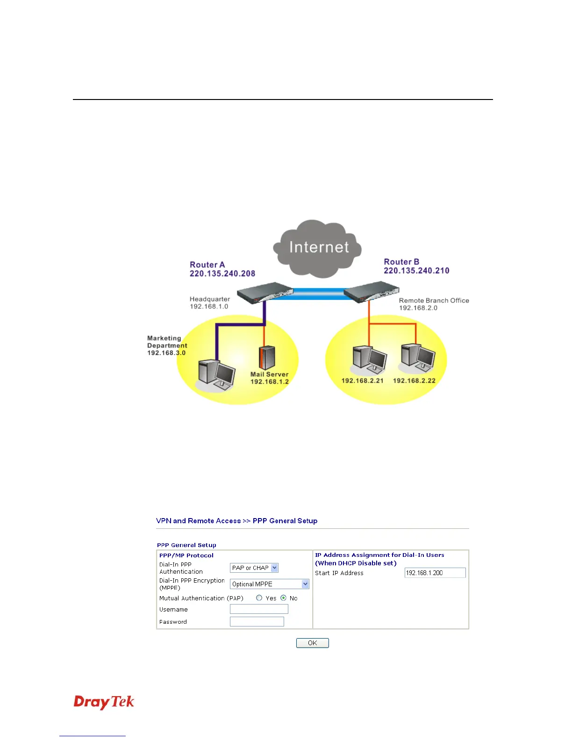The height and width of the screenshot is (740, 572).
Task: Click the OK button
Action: [x=312, y=643]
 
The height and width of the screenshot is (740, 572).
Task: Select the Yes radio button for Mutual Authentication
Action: [x=259, y=598]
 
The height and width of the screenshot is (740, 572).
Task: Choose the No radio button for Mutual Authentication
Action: [x=284, y=598]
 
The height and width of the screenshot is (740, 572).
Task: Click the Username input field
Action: [x=259, y=609]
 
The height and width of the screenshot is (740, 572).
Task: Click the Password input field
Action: [x=257, y=621]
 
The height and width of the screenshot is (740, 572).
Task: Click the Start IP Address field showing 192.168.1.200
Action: [x=435, y=573]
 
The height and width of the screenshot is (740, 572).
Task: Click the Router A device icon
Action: [x=265, y=292]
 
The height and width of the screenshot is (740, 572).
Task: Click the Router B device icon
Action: [x=372, y=292]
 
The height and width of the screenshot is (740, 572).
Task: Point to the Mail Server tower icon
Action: [x=267, y=357]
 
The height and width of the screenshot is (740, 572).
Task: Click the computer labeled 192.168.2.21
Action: [x=369, y=360]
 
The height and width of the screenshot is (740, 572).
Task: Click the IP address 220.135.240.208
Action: [x=222, y=274]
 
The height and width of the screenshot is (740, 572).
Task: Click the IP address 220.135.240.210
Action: [x=416, y=270]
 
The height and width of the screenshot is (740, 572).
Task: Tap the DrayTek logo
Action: [x=104, y=702]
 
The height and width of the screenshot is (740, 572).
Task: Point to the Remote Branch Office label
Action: [x=434, y=300]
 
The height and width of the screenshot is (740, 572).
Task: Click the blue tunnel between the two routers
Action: [x=318, y=293]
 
